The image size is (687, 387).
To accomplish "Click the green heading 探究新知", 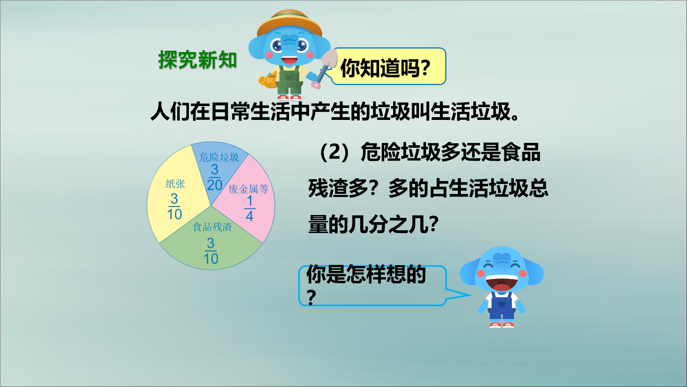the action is pyautogui.click(x=198, y=60).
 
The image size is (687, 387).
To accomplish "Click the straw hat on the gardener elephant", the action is pyautogui.click(x=289, y=23).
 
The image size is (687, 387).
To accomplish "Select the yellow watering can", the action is pyautogui.click(x=268, y=80).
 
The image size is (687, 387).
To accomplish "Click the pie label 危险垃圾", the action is pyautogui.click(x=219, y=157).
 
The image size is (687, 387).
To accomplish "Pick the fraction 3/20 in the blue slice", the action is pyautogui.click(x=214, y=178).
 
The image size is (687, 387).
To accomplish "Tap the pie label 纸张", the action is pyautogui.click(x=175, y=183).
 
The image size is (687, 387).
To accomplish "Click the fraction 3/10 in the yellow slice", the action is pyautogui.click(x=175, y=206).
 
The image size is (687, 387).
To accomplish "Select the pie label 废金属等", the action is pyautogui.click(x=249, y=189).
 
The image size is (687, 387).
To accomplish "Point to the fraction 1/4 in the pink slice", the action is pyautogui.click(x=250, y=209).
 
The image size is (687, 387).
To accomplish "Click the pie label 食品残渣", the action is pyautogui.click(x=212, y=227).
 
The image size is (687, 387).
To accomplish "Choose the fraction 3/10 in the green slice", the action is pyautogui.click(x=211, y=251).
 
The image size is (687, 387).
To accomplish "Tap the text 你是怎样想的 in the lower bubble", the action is pyautogui.click(x=366, y=274).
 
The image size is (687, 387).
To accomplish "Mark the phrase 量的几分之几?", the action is pyautogui.click(x=374, y=224).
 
